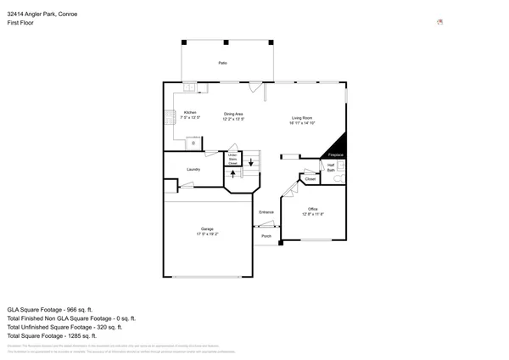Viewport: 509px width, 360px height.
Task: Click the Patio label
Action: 222,63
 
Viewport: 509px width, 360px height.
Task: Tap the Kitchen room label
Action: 190,113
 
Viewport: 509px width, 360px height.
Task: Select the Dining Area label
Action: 233,114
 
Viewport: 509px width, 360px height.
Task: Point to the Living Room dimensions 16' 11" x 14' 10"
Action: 303,123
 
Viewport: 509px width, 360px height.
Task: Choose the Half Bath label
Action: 331,167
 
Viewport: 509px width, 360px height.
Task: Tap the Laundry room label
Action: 193,169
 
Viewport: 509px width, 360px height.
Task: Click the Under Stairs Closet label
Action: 232,159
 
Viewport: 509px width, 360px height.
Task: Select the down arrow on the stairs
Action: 251,161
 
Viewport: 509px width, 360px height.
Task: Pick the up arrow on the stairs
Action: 233,174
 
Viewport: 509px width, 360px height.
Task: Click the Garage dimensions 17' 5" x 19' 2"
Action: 207,233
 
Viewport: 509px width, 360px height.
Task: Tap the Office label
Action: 312,209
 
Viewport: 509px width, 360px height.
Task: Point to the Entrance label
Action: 266,211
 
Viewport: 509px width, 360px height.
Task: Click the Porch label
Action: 266,236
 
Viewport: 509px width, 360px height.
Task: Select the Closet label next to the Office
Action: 310,179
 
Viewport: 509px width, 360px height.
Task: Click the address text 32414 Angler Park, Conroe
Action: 42,7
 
